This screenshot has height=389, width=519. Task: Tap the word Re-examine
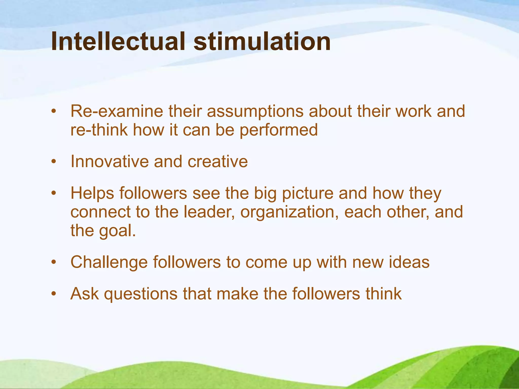[x=117, y=111]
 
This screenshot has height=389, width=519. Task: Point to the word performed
[x=279, y=130]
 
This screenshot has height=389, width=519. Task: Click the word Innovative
[x=109, y=161]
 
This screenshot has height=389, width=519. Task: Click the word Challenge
[x=109, y=262]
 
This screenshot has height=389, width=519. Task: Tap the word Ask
[x=85, y=294]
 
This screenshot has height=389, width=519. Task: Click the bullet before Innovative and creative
[x=53, y=161]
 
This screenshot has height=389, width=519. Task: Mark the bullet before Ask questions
[x=53, y=294]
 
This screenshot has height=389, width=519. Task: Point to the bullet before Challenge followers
[x=53, y=262]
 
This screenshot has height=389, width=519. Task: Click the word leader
[x=209, y=212]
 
